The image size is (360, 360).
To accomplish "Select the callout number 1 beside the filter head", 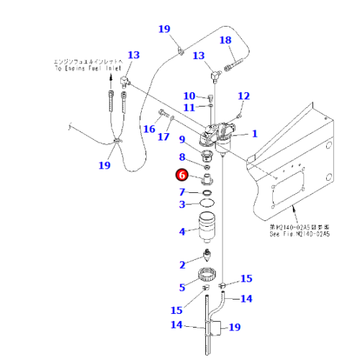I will click(x=253, y=135).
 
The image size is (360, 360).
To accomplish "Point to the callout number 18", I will click(x=225, y=40).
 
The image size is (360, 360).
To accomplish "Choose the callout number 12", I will click(x=243, y=96).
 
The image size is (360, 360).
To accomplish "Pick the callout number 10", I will click(x=188, y=96).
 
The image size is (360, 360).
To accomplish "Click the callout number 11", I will click(x=188, y=107).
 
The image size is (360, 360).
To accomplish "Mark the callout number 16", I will click(x=149, y=129).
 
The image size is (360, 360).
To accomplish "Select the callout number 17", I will click(x=164, y=137).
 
